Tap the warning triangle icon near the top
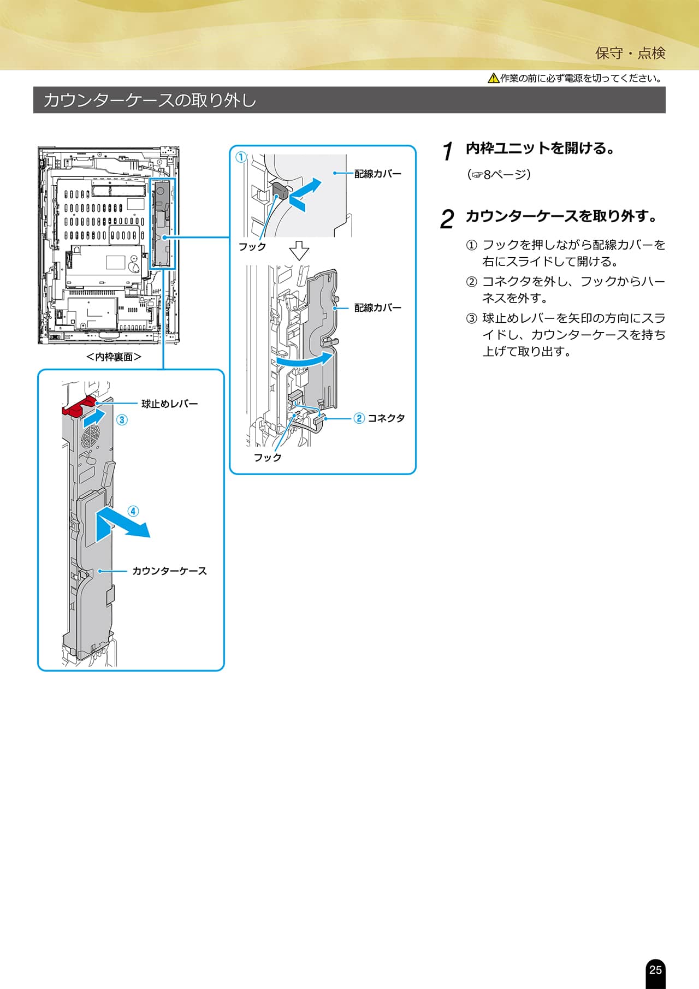click(493, 78)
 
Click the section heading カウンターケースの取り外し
click(150, 100)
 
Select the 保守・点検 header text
click(630, 53)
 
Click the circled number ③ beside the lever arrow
click(122, 419)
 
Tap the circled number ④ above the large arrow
click(133, 511)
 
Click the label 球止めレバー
click(169, 404)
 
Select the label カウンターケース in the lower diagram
click(169, 571)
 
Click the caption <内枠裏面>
click(114, 357)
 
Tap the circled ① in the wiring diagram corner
click(241, 157)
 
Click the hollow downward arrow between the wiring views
click(299, 251)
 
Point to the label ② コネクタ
click(380, 418)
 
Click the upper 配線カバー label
click(377, 174)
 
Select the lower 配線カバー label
click(377, 307)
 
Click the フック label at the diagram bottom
click(268, 457)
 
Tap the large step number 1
click(448, 151)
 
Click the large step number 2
click(447, 220)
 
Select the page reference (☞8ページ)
click(499, 175)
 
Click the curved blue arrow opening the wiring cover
click(305, 361)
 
